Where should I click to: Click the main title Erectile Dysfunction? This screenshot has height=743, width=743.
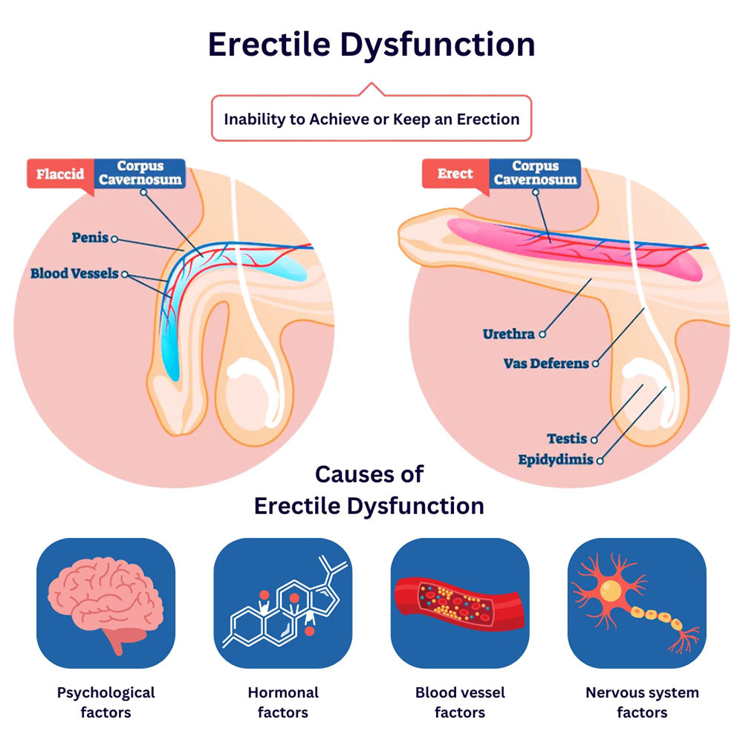pos(371,45)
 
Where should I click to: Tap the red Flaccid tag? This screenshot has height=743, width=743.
pos(60,175)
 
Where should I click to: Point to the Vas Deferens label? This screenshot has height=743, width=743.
pos(546,363)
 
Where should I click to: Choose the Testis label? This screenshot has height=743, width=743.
pos(567,439)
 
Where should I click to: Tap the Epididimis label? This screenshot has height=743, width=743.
pos(556,460)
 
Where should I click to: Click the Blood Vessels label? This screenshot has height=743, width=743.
pos(74,273)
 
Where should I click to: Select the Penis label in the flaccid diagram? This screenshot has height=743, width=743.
pos(90,239)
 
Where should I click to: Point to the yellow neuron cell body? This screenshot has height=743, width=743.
pos(611,591)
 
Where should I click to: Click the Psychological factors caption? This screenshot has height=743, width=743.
pos(106,702)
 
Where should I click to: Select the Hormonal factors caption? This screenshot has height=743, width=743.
pos(283,702)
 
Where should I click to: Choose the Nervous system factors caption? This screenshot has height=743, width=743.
pos(642,702)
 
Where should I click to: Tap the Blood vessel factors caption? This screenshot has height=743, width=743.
pos(460,702)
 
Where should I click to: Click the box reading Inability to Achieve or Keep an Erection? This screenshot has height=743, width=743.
pos(371,118)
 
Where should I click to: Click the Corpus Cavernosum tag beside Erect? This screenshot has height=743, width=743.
pos(535,173)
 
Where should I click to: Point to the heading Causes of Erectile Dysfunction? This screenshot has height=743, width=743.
pos(369,490)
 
